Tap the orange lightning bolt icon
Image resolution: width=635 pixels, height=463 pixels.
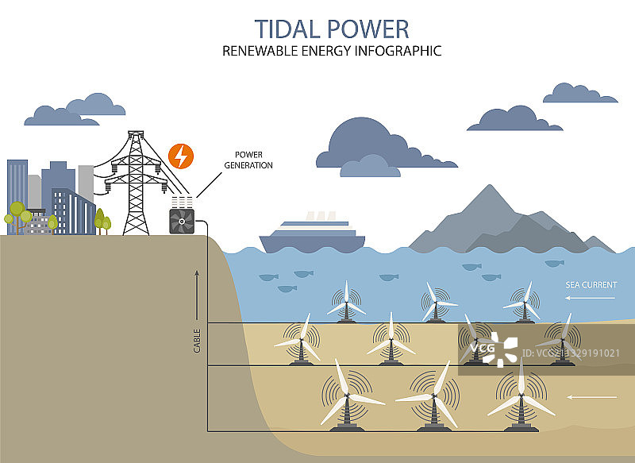pyautogui.click(x=181, y=156)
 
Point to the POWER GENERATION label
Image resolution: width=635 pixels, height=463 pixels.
pyautogui.click(x=253, y=160)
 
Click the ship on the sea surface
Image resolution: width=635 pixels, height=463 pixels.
pyautogui.click(x=312, y=236)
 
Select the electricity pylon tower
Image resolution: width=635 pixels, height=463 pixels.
pyautogui.click(x=137, y=183)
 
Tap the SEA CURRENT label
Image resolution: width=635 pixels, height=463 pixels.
pyautogui.click(x=590, y=284)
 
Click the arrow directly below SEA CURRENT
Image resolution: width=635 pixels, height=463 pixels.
pyautogui.click(x=590, y=298)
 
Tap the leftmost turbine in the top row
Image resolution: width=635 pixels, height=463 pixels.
pyautogui.click(x=346, y=303)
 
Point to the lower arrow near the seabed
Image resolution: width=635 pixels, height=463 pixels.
pyautogui.click(x=591, y=395)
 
